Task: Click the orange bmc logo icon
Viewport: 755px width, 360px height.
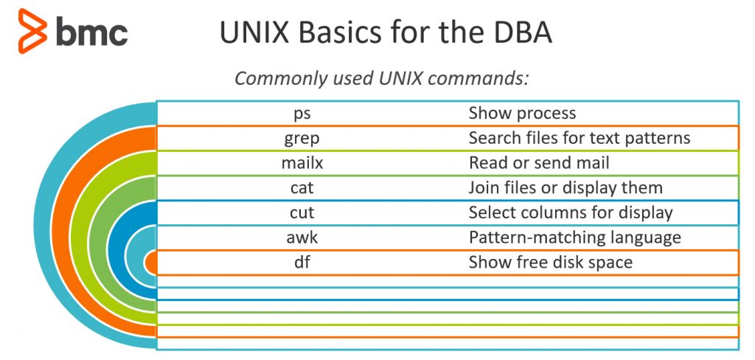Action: tap(32, 31)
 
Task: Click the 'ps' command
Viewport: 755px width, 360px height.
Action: tap(302, 114)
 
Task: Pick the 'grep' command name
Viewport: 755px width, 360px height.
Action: tap(302, 139)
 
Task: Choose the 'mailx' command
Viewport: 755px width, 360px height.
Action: tap(302, 163)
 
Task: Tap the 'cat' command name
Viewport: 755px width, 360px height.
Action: tap(302, 188)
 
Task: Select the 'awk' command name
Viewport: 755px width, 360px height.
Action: tap(302, 238)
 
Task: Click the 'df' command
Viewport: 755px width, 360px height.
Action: tap(302, 263)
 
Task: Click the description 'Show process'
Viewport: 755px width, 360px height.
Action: tap(522, 114)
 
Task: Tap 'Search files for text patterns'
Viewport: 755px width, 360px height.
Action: tap(580, 139)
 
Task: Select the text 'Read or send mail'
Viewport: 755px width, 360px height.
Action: tap(539, 163)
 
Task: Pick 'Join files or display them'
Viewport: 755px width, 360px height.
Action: tap(566, 188)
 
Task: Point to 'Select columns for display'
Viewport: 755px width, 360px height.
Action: tap(571, 213)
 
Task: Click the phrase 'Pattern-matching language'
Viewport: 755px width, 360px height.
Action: tap(574, 238)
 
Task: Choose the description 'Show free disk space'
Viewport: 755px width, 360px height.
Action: tap(550, 263)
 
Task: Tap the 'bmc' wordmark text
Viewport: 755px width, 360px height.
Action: tap(92, 32)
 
